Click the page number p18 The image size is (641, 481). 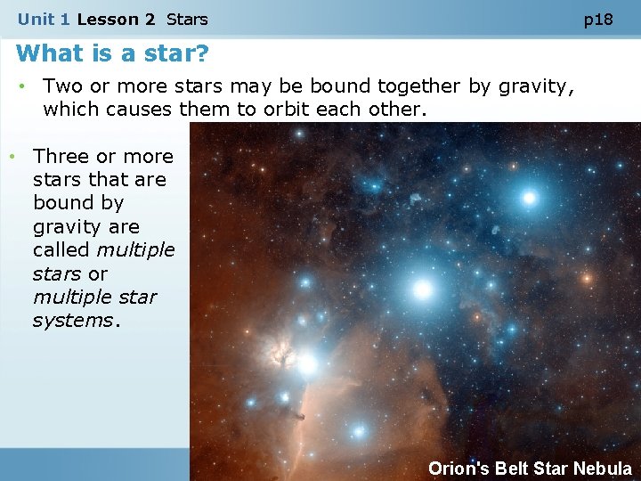[598, 19]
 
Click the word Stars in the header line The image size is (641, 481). [187, 19]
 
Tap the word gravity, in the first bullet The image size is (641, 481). [532, 86]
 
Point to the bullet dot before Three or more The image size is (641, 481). [12, 157]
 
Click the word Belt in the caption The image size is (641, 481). [512, 469]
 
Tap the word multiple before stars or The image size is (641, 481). [137, 250]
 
